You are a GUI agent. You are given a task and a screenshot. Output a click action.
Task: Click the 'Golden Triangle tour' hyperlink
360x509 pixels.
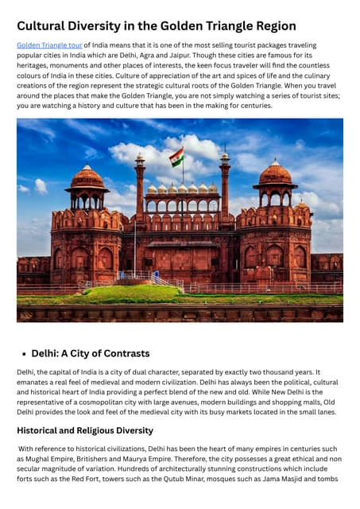[x=48, y=46]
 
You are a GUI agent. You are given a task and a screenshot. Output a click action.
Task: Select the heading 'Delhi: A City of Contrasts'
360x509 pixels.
[x=91, y=353]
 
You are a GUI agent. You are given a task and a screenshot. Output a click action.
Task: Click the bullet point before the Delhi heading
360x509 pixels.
[x=24, y=354]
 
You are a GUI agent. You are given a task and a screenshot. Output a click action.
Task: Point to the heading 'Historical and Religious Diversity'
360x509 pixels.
[x=85, y=430]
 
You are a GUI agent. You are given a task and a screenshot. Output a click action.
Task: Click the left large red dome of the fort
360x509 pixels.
[x=87, y=177]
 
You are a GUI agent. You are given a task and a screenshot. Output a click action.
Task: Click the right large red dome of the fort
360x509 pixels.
[x=275, y=173]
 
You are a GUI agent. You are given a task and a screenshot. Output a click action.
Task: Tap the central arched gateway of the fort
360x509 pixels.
[x=180, y=262]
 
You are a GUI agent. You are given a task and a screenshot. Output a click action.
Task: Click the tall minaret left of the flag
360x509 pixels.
[x=140, y=187]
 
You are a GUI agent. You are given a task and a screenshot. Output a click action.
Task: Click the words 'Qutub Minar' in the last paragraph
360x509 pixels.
[x=212, y=478]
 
